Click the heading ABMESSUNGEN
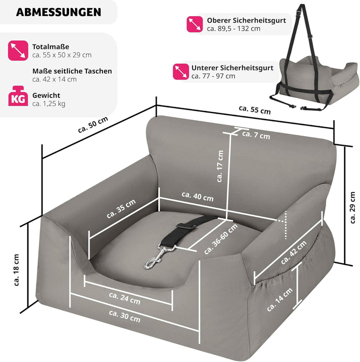tap(58, 12)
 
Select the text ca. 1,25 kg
tap(49, 104)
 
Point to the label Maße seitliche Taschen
tap(72, 71)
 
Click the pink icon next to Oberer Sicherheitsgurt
tap(194, 24)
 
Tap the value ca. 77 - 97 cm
tap(213, 77)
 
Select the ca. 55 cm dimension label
tap(254, 110)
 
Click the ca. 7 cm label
tap(255, 135)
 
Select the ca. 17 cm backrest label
tap(220, 167)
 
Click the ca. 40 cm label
tap(197, 197)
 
